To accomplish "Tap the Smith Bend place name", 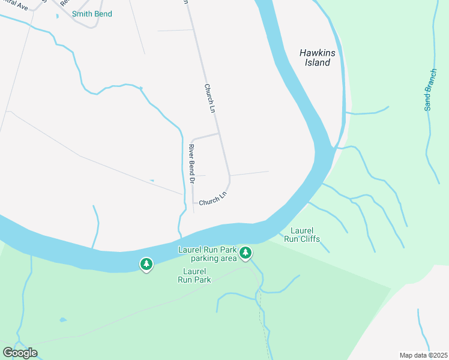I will [92, 14].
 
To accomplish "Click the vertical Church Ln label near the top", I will [209, 98].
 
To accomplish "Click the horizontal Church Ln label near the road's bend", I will [213, 199].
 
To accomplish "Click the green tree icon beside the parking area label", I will [245, 253].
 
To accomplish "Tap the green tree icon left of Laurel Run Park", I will [146, 263].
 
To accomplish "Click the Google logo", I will [20, 352].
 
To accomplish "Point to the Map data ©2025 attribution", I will [423, 355].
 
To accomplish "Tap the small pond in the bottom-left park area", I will [63, 320].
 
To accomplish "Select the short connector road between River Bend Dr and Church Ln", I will [205, 136].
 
